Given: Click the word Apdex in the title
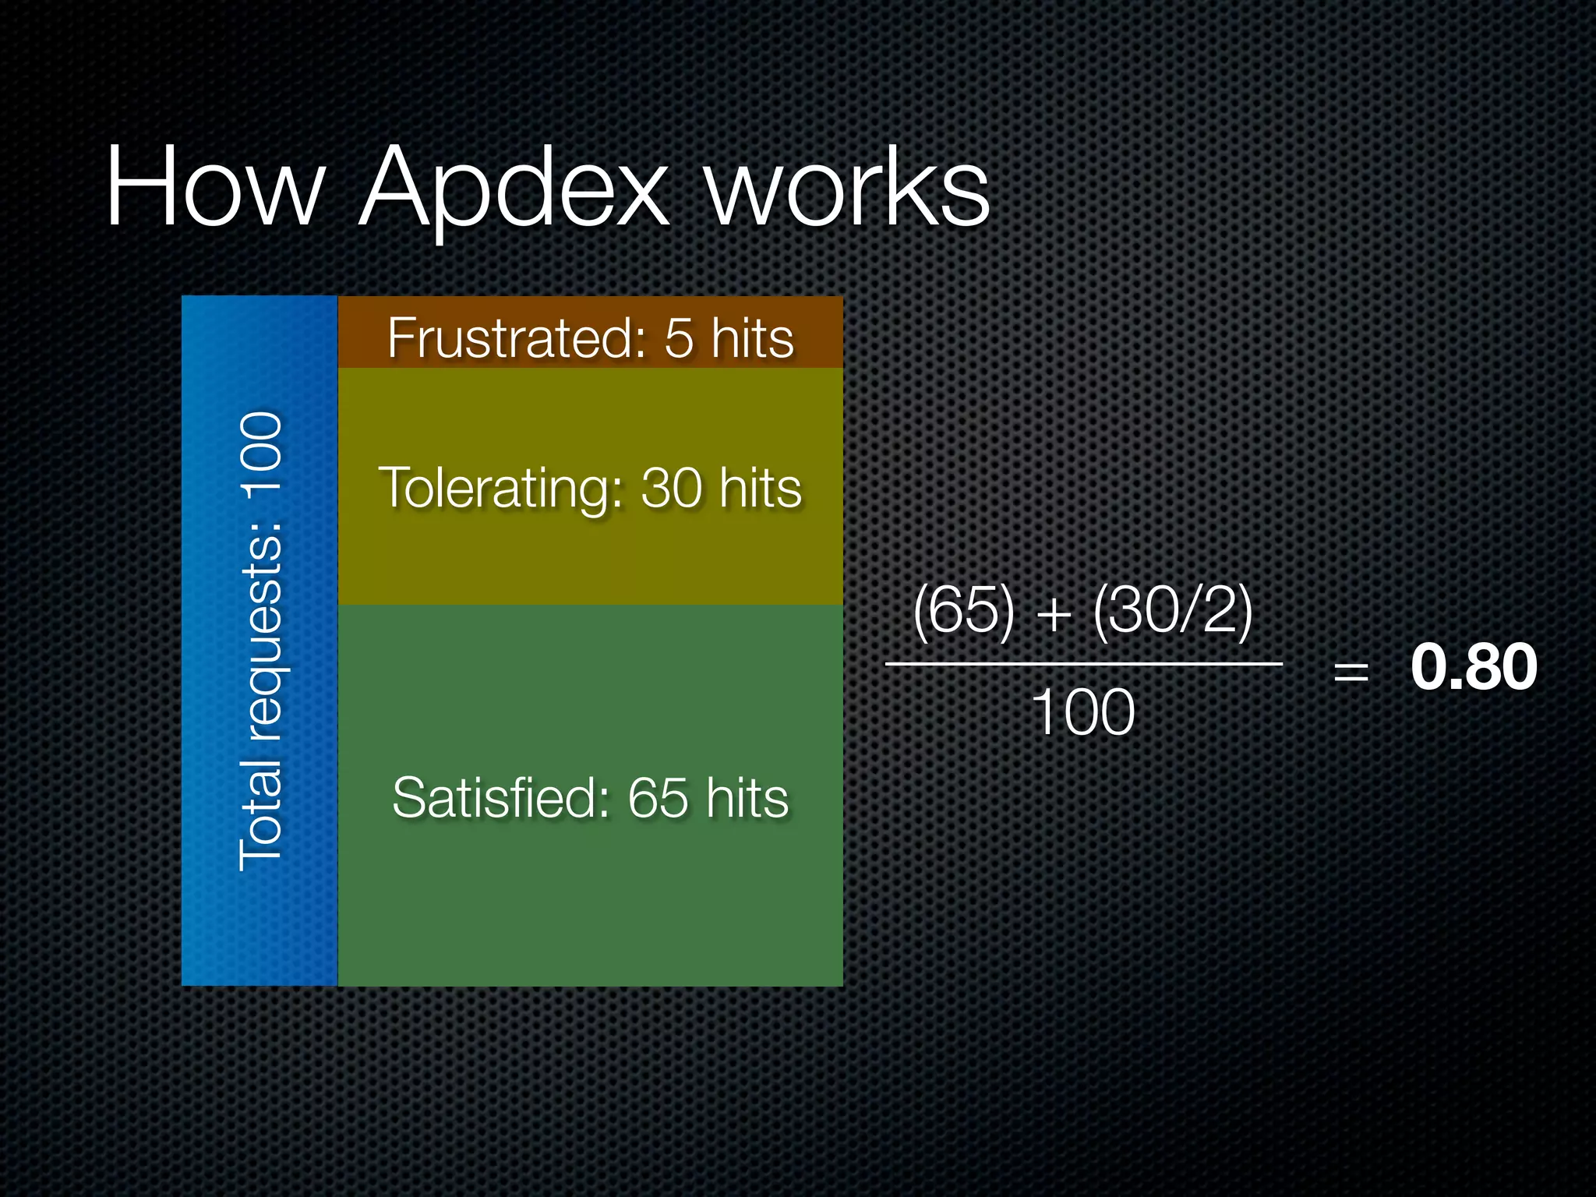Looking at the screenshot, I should [x=514, y=191].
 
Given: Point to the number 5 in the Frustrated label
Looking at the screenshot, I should [x=679, y=338].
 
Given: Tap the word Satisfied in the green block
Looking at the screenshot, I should [x=502, y=798].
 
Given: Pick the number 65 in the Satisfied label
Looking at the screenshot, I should [x=659, y=798].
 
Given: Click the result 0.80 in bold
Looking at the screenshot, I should [x=1474, y=667].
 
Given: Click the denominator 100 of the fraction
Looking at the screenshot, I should [x=1083, y=712].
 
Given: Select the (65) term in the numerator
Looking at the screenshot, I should [x=965, y=610].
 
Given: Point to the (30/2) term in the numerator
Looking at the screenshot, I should [x=1173, y=610].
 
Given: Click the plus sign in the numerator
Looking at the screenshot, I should [x=1054, y=614].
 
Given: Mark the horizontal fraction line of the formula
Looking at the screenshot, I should [x=1083, y=664].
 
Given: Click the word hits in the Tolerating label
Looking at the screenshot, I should [x=760, y=489].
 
